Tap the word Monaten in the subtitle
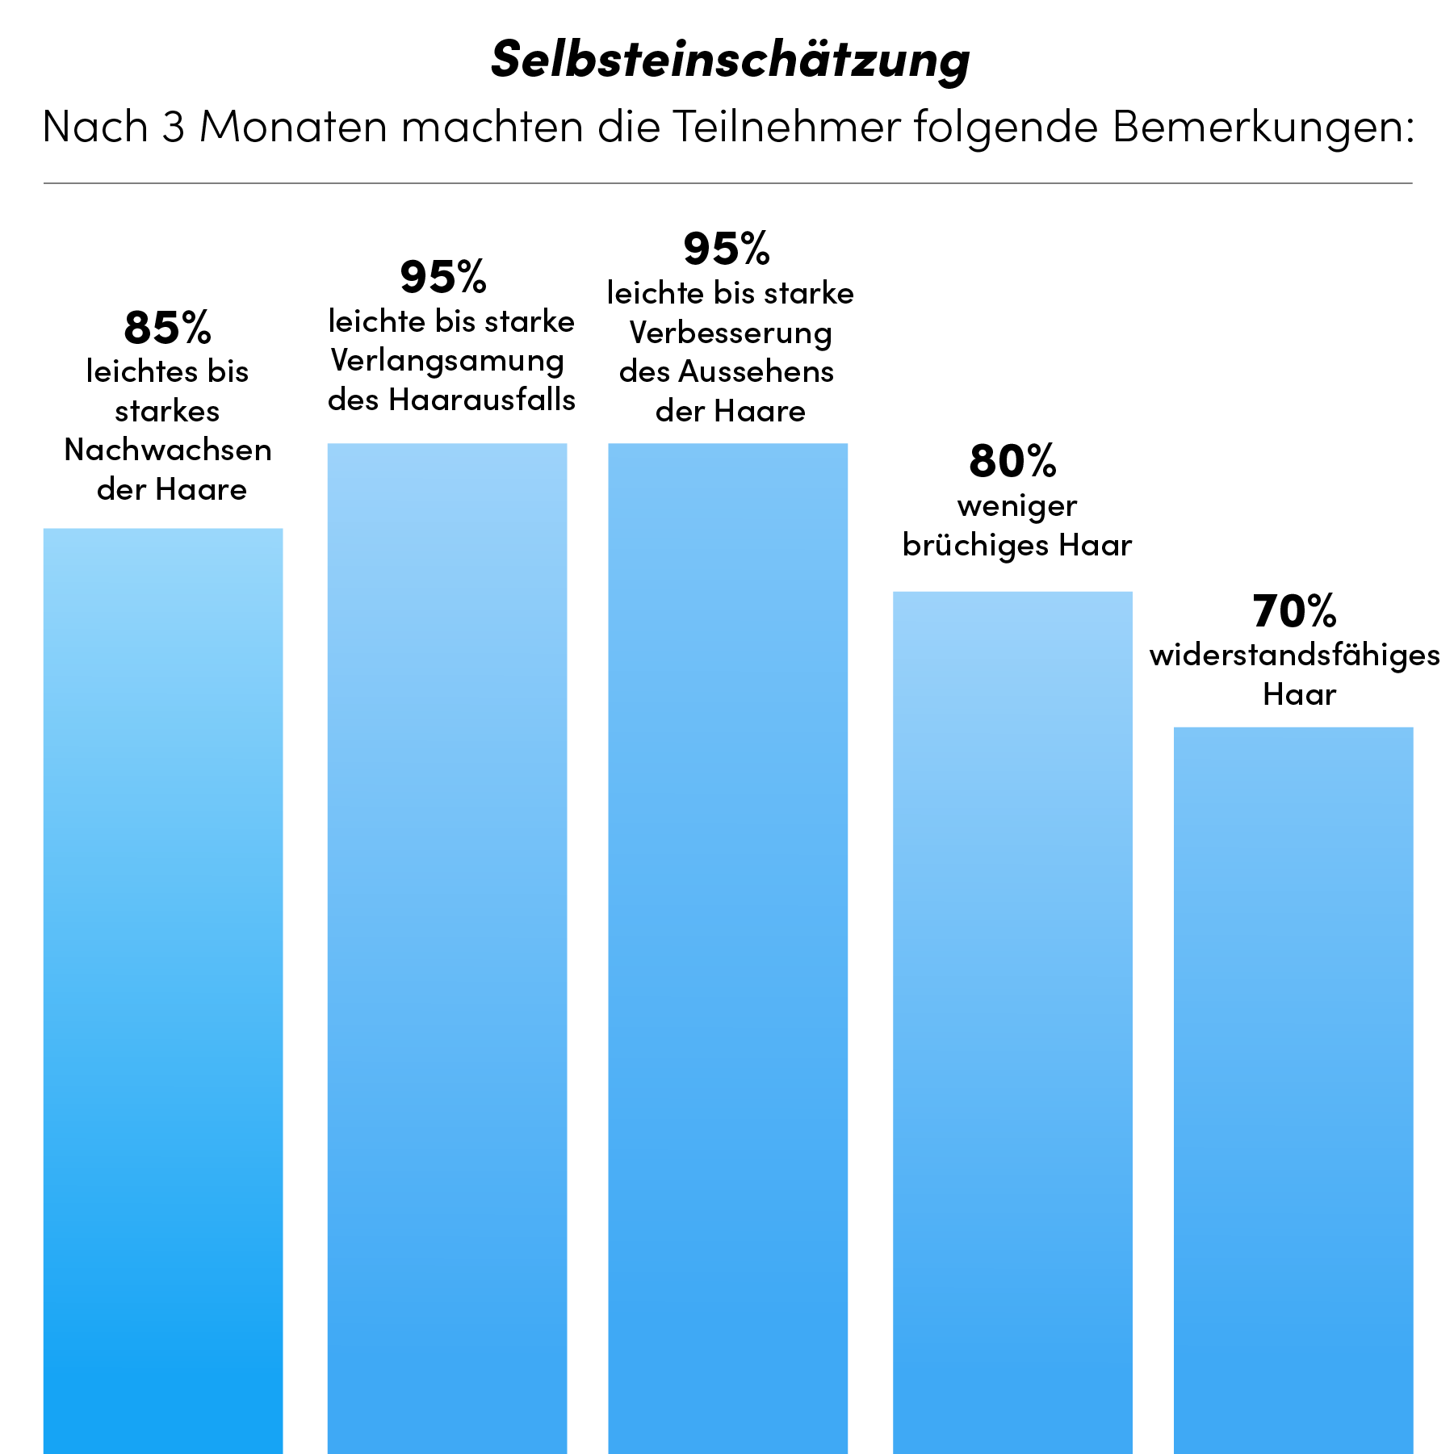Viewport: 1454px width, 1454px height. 293,128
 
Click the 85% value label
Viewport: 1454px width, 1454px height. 167,328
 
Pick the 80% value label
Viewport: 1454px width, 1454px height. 1012,461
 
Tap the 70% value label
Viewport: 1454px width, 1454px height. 1294,611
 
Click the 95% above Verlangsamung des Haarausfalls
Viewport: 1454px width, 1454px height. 443,277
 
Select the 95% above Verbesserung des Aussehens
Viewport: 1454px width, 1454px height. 727,249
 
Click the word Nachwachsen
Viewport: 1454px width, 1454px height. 168,450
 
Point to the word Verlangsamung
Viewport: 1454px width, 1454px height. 447,362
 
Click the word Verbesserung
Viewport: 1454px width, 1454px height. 731,333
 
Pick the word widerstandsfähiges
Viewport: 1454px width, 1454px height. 1295,656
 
